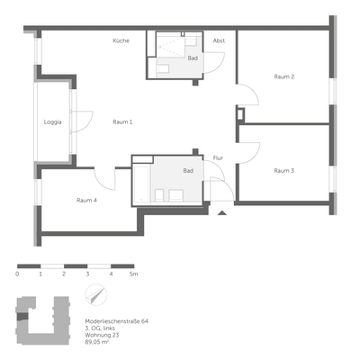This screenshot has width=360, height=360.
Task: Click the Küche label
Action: [121, 41]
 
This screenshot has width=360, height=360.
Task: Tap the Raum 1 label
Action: [122, 121]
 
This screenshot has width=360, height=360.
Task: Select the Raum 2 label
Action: [284, 76]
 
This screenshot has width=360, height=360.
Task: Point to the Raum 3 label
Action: [284, 170]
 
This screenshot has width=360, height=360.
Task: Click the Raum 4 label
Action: [87, 200]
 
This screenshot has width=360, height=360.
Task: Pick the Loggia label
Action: [53, 122]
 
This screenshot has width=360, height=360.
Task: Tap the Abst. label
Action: [220, 41]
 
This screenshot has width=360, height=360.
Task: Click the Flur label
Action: [218, 158]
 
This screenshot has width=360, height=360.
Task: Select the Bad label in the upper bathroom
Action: [192, 58]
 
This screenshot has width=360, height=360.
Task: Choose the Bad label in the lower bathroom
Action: [188, 170]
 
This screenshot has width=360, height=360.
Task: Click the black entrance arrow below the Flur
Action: [222, 213]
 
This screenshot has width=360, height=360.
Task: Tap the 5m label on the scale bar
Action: [133, 273]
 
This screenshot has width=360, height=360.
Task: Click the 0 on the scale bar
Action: [17, 273]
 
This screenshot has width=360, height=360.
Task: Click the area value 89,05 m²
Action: [96, 342]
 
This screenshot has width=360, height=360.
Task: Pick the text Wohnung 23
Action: [100, 335]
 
